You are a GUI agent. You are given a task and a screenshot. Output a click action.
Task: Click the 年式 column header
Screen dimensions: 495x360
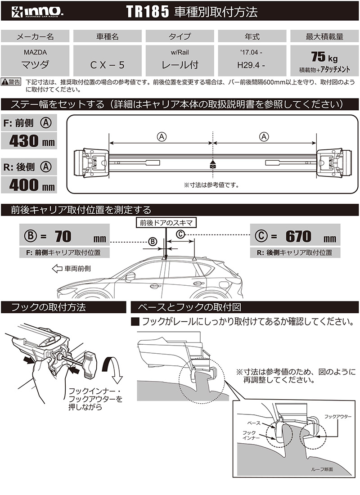pos(252,36)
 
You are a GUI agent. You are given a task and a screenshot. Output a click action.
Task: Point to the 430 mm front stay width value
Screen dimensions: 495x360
pos(31,142)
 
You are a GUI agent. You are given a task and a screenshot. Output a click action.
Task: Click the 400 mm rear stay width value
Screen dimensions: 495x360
pos(31,184)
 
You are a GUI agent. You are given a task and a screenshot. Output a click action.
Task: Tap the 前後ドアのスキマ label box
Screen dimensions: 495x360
pos(165,222)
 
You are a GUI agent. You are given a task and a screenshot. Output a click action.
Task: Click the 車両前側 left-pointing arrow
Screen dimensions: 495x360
pos(57,269)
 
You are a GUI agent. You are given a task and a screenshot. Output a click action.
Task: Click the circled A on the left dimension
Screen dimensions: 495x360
pos(161,136)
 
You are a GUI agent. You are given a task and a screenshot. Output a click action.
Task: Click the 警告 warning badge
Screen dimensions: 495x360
pos(11,81)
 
